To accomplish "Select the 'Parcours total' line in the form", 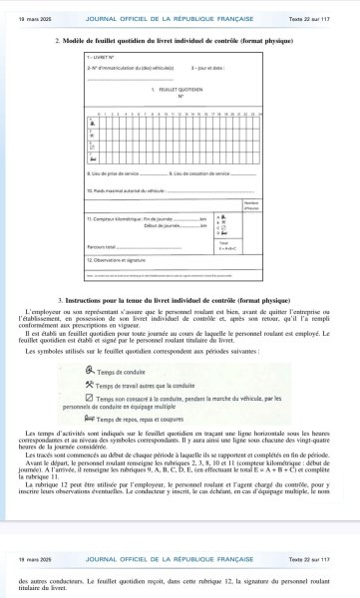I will click(104, 246).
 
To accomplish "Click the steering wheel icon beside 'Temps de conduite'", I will click(92, 371).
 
